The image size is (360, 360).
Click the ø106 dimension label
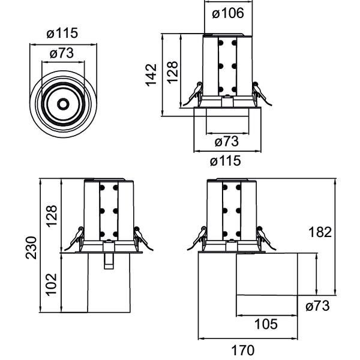228,13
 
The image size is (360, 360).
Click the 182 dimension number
319,232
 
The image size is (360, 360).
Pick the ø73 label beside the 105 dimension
317,306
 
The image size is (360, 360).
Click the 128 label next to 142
173,72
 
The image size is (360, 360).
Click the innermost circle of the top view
62,104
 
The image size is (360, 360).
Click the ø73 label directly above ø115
226,142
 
